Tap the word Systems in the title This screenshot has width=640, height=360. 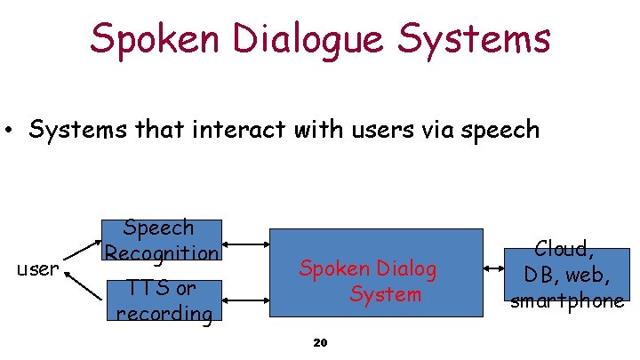tap(475, 38)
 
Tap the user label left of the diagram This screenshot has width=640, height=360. tap(38, 268)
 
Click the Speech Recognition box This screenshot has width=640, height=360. tap(161, 241)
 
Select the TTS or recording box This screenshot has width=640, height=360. tap(163, 300)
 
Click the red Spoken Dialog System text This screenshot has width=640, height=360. tap(368, 280)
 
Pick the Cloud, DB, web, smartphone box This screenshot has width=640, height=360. tap(566, 274)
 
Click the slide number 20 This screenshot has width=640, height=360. tap(321, 343)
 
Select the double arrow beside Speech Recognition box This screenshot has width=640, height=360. tap(244, 243)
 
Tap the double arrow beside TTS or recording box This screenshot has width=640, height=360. tap(244, 300)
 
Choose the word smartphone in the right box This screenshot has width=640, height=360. tap(567, 300)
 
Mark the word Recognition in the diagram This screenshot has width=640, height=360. tap(161, 252)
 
